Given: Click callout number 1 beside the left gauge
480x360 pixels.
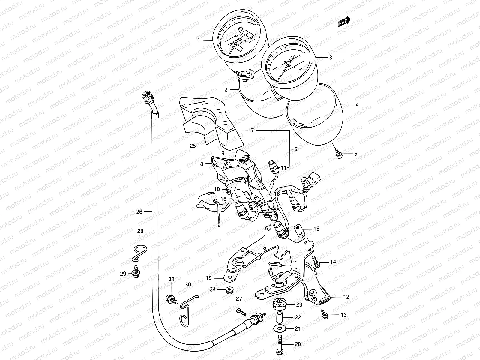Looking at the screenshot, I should [199, 40].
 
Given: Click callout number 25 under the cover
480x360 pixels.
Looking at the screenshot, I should [193, 146].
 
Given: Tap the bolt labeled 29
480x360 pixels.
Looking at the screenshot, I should [136, 272].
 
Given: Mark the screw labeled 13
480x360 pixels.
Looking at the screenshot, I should [325, 313].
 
